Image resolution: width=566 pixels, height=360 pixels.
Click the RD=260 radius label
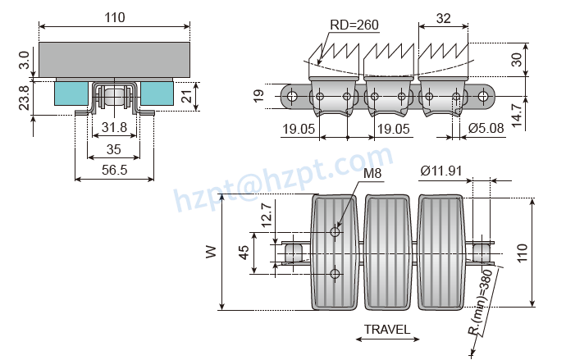(x=354, y=25)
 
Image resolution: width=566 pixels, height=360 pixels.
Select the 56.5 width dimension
(x=114, y=170)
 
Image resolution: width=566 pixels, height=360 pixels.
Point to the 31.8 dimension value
(x=114, y=127)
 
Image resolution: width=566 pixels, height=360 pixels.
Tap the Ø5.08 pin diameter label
(x=486, y=128)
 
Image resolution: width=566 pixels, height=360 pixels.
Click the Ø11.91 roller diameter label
(x=441, y=171)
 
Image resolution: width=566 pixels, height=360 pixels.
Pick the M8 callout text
(x=372, y=173)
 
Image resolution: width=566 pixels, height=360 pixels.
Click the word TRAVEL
(x=387, y=330)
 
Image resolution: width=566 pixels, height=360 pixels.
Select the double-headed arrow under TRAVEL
(x=387, y=339)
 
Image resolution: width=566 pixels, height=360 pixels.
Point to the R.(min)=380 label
(x=482, y=303)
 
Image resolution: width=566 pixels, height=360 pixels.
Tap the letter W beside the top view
(x=211, y=252)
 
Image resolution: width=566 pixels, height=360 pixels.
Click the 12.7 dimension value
(x=267, y=215)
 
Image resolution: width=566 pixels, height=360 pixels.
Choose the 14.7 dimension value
(x=517, y=116)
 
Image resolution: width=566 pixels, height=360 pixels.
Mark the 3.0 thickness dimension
(x=24, y=60)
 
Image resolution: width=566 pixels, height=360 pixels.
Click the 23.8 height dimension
(x=24, y=98)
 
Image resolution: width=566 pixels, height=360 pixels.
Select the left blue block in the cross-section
(x=71, y=93)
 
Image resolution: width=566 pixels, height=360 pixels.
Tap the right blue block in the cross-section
(x=157, y=93)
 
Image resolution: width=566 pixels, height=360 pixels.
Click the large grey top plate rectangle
(x=114, y=60)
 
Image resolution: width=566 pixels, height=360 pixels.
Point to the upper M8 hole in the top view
(x=335, y=231)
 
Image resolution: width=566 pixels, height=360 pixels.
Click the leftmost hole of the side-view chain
(x=292, y=96)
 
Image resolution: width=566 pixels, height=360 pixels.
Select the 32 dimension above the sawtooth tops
(x=444, y=18)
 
